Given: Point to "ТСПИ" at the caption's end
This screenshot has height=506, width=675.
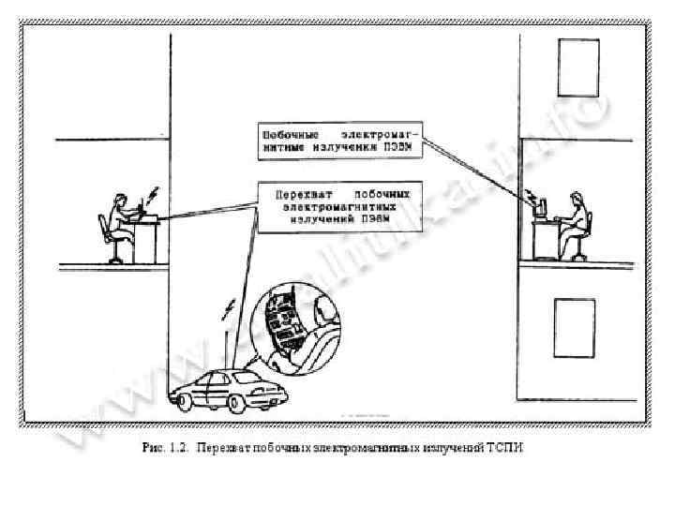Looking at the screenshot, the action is pyautogui.click(x=505, y=449).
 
